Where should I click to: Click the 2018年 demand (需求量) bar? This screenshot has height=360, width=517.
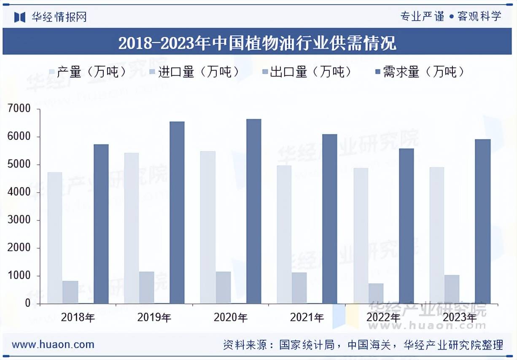[101, 223]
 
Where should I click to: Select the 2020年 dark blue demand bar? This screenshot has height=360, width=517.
[253, 211]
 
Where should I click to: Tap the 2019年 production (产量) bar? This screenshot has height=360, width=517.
[132, 228]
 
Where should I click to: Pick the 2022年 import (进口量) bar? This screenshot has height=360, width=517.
[376, 293]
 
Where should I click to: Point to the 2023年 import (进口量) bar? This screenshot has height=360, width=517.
[452, 289]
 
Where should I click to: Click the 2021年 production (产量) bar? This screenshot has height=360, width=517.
[284, 234]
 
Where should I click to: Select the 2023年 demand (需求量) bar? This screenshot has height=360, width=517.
[482, 221]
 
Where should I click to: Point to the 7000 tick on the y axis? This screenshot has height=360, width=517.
[19, 109]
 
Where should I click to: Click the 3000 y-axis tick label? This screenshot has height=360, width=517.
[19, 220]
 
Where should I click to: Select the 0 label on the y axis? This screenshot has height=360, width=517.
[28, 304]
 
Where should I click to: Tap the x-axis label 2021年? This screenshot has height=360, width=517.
[307, 317]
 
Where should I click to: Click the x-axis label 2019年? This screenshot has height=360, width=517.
[154, 317]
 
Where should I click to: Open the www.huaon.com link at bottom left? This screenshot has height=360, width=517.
[53, 344]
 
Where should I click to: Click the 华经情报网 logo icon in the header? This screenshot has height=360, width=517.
[20, 17]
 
